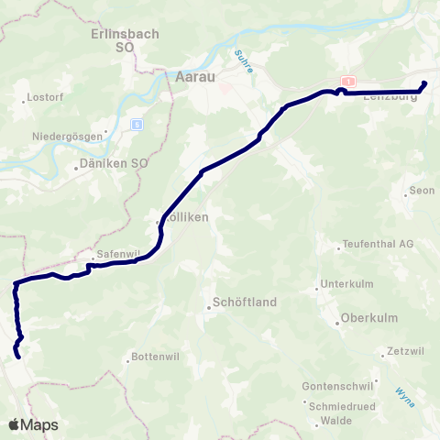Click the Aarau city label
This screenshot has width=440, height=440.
(193, 79)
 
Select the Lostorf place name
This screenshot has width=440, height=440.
(44, 96)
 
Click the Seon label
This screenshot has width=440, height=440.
(422, 191)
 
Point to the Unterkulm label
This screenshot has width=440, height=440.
(349, 284)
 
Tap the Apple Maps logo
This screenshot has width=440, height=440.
(33, 424)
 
